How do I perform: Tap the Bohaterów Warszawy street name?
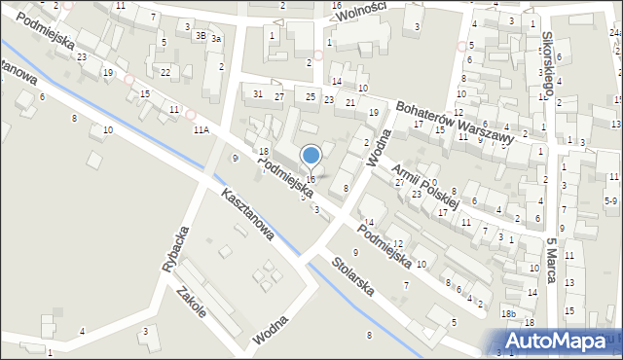tap(455, 122)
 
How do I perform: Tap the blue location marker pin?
tap(311, 156)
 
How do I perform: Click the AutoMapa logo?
tap(562, 341)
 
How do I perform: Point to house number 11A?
tap(201, 128)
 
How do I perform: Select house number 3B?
tap(201, 36)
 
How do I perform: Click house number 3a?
tap(217, 38)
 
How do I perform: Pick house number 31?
tap(258, 93)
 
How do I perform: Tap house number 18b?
tap(508, 313)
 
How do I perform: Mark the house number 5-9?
tap(610, 200)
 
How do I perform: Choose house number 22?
tap(165, 72)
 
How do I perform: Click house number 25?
tap(311, 95)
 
